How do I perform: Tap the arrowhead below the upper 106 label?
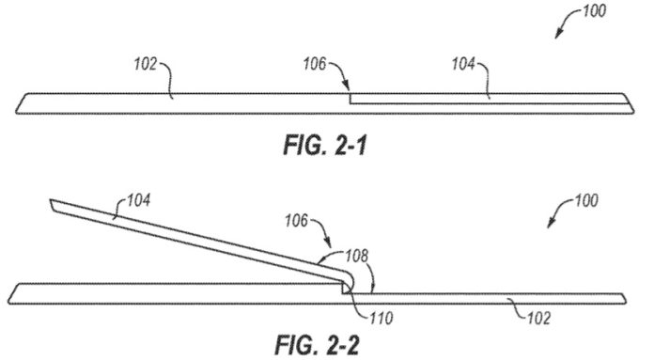(347, 88)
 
